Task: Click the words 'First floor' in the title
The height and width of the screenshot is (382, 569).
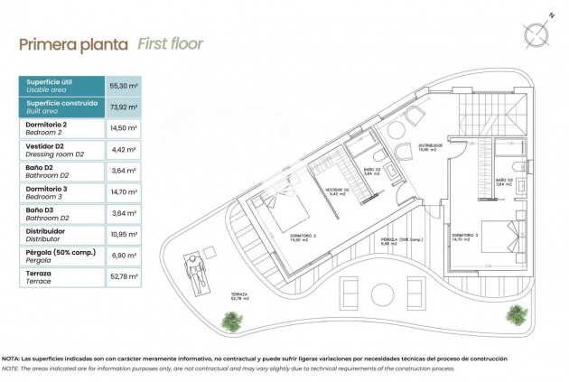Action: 170,43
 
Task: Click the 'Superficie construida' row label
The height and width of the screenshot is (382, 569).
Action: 61,107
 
